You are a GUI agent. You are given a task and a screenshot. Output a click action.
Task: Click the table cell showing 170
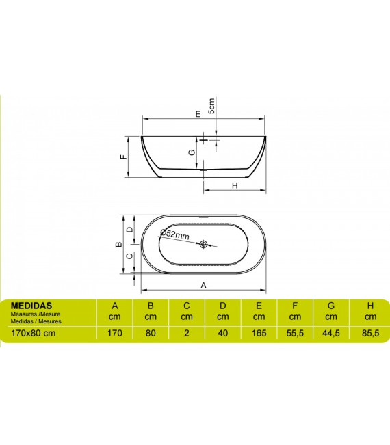[x=115, y=333]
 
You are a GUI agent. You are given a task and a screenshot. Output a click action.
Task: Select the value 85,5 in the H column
[x=370, y=333]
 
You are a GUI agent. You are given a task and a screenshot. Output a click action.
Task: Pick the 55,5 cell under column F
[x=295, y=333]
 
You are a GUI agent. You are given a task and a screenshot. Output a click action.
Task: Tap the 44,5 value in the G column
[x=331, y=333]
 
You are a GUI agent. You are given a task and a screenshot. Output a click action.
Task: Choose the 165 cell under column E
[x=259, y=333]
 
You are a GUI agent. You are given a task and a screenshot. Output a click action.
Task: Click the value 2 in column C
[x=187, y=333]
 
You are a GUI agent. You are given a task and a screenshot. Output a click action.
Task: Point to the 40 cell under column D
[x=222, y=333]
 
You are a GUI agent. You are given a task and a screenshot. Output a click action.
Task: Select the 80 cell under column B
[x=151, y=333]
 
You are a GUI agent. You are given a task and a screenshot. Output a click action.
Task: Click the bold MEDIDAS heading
[x=31, y=306]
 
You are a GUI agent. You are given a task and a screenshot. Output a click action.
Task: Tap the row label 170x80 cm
[x=34, y=333]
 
